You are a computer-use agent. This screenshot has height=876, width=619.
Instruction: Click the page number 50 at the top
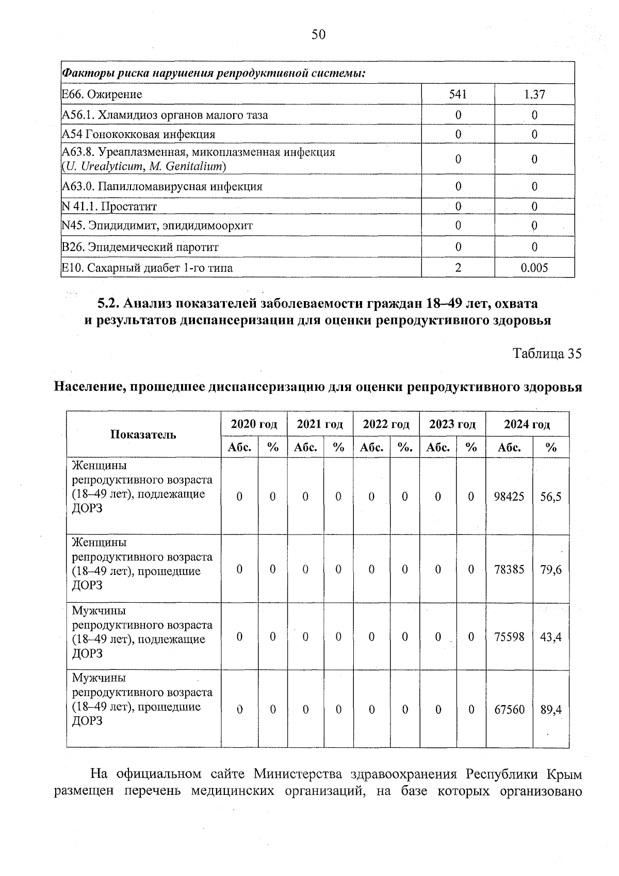(x=318, y=35)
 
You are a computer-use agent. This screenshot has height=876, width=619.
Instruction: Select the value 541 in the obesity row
(x=458, y=94)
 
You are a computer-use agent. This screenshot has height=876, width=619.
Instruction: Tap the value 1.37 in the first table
(x=534, y=95)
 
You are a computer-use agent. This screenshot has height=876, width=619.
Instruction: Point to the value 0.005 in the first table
(x=534, y=268)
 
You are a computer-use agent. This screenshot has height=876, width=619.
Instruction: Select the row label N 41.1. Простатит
(x=109, y=207)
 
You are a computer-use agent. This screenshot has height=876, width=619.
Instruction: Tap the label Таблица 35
(x=547, y=353)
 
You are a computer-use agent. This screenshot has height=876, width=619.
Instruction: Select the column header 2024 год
(x=527, y=424)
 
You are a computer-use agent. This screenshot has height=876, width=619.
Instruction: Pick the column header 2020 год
(x=254, y=424)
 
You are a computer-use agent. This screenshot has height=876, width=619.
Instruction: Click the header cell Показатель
(x=143, y=434)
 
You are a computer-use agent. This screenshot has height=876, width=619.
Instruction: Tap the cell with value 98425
(x=509, y=496)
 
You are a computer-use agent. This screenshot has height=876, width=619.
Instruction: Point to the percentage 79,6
(x=551, y=569)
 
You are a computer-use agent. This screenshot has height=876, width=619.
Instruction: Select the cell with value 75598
(x=509, y=637)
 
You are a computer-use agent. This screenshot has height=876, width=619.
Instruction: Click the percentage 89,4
(x=551, y=710)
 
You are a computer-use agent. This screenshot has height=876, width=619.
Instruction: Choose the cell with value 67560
(x=509, y=710)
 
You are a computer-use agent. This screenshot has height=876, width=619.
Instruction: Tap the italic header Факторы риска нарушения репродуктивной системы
(x=214, y=73)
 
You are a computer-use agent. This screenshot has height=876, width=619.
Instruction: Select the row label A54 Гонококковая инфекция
(x=138, y=134)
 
